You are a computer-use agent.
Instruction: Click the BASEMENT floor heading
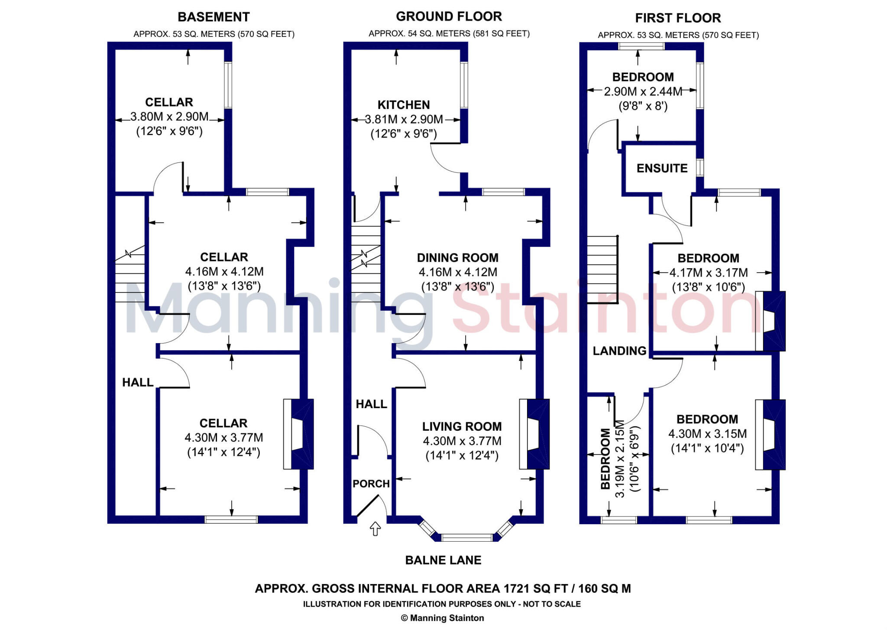214,17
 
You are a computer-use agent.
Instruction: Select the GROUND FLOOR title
449,16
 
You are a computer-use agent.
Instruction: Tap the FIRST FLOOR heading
678,18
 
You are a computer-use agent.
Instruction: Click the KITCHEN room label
404,105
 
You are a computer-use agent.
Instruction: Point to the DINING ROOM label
457,258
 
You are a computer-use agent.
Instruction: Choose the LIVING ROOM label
462,426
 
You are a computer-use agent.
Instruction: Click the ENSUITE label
662,168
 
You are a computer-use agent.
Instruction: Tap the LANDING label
619,351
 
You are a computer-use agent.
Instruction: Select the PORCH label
371,484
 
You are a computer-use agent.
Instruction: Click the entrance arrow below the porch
375,529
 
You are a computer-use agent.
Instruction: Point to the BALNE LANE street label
443,560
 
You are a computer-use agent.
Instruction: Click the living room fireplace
534,434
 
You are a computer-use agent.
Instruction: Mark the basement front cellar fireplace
298,434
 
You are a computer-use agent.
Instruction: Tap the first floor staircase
602,270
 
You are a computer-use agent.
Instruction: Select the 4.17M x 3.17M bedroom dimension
709,273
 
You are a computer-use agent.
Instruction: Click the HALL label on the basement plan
138,382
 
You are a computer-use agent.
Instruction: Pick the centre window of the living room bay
467,538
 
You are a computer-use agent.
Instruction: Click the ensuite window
699,168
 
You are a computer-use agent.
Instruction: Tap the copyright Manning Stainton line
442,618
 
